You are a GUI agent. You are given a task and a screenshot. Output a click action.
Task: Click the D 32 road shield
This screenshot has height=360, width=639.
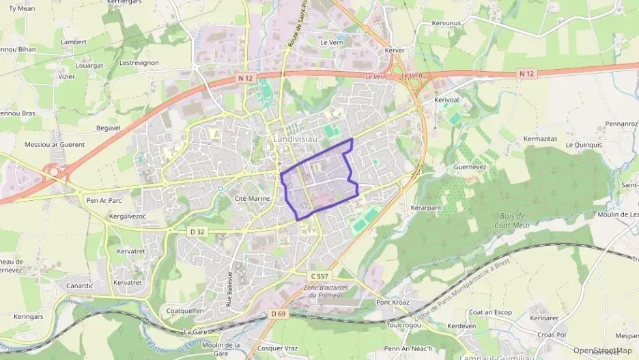click(197, 232)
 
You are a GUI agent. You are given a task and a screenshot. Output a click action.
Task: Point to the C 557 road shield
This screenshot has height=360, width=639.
click(319, 275)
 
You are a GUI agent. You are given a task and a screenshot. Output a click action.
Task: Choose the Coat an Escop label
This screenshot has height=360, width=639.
click(490, 312)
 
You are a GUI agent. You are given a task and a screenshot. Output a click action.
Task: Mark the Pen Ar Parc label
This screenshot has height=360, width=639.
click(104, 201)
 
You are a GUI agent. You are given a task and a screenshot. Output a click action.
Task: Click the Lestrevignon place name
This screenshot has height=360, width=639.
click(139, 63)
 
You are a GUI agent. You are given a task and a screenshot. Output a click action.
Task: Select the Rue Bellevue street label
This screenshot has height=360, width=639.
click(230, 287)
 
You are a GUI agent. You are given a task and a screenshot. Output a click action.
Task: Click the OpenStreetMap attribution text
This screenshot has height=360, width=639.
click(602, 351)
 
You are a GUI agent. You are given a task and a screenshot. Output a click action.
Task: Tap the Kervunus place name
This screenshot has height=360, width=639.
click(446, 23)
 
